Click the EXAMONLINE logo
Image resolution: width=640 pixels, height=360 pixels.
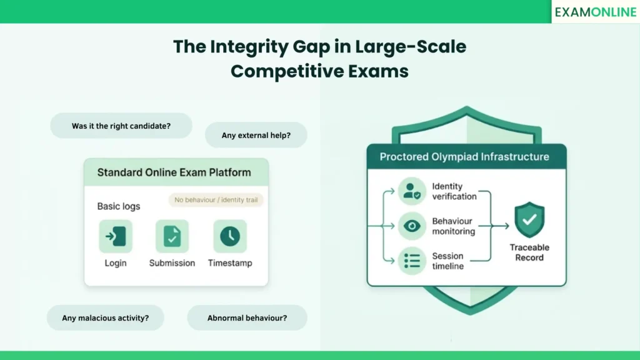coord(595,12)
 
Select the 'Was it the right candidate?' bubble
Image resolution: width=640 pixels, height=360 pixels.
coord(121,126)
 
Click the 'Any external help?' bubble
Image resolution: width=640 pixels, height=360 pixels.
coord(256,135)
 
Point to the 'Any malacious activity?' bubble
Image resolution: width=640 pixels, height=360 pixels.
coord(105,318)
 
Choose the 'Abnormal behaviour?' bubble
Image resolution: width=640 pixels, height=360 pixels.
coord(247,318)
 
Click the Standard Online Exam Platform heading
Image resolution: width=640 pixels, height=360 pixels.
coord(174,172)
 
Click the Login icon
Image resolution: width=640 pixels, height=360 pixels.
coord(116,236)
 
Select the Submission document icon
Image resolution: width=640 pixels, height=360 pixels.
coord(172,236)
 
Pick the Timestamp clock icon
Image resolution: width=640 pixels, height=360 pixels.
coord(230,236)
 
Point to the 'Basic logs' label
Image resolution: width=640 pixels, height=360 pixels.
coord(119,206)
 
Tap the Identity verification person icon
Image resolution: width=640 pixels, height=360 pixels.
coord(412,192)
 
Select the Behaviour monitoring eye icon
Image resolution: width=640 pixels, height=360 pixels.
coord(412,226)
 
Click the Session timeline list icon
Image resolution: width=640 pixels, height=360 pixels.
coord(412,261)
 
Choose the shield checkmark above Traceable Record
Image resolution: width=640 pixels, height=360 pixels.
coord(529,219)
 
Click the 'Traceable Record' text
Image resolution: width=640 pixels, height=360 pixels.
coord(529,252)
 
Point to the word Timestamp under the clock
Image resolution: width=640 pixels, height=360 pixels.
coord(230,263)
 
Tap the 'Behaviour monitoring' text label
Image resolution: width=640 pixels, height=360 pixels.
coord(454,226)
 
